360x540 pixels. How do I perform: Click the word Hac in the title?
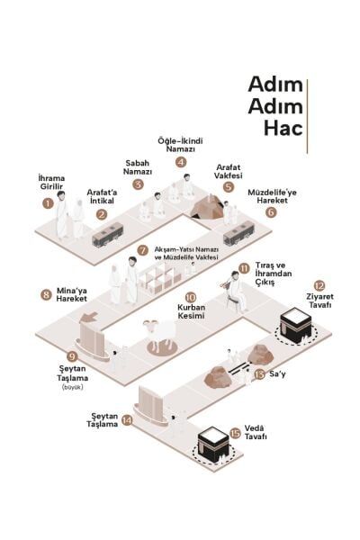pos(283,128)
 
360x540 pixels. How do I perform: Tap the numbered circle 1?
pos(49,202)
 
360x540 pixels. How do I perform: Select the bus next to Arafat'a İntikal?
pos(107,235)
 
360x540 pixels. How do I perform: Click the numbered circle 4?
pos(181,162)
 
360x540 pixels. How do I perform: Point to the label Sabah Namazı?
pos(138,167)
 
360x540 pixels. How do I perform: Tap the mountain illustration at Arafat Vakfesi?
pos(208,207)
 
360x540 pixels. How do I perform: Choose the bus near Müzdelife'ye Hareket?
pos(238,233)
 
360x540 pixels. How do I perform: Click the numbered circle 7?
pos(142,250)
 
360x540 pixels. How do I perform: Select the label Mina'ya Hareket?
pos(72,294)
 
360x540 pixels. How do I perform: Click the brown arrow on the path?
pos(89,317)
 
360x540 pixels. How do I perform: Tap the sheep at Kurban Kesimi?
pos(160,333)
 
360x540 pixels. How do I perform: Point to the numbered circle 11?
pos(244,268)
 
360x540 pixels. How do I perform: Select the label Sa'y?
pos(277,373)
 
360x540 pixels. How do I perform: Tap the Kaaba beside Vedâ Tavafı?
pos(213,445)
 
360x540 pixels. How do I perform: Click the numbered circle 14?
pos(127,420)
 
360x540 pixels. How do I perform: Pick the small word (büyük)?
pos(73,387)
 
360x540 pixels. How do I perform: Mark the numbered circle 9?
pos(72,356)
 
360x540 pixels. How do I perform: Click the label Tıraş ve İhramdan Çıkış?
pos(274,274)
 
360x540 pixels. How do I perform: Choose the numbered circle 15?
pos(235,433)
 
